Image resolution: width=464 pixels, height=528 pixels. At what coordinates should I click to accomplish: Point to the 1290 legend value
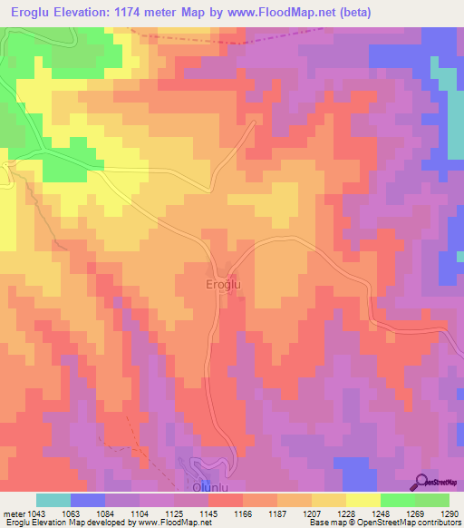click(449, 513)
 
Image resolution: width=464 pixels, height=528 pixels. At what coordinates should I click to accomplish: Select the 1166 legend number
click(242, 513)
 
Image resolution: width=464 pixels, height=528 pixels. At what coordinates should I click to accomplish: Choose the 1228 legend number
click(345, 513)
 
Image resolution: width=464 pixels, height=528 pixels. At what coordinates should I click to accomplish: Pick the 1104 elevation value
click(139, 513)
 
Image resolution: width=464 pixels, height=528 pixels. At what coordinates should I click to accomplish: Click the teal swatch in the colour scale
click(53, 500)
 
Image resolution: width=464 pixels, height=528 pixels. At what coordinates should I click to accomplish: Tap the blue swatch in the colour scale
click(87, 500)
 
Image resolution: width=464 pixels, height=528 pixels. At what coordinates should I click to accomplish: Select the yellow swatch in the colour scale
click(362, 500)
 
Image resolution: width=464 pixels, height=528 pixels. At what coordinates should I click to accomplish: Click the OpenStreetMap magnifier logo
click(423, 482)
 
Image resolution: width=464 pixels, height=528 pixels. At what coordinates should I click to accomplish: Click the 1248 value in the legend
click(380, 513)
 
